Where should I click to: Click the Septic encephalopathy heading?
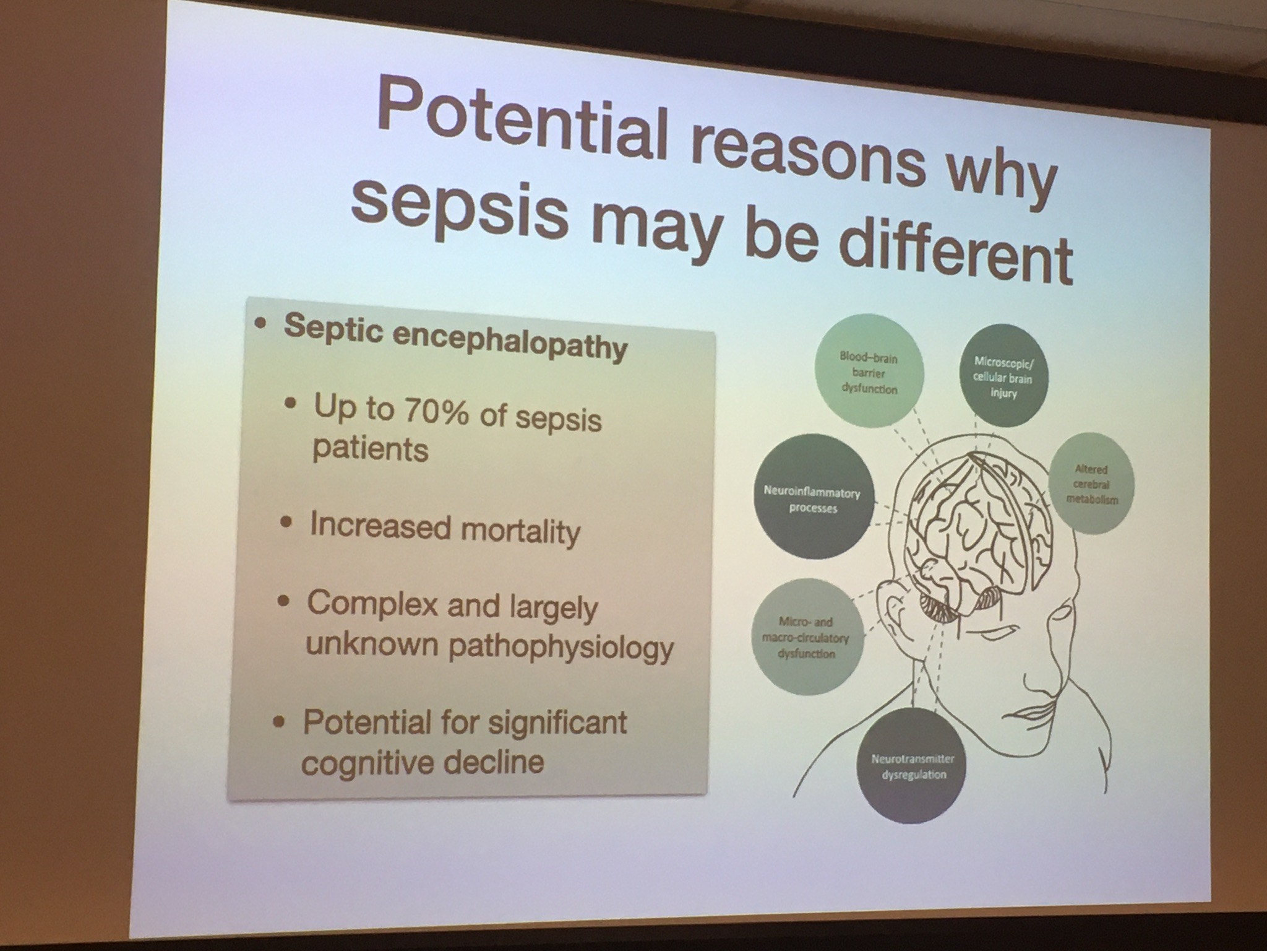[x=455, y=337]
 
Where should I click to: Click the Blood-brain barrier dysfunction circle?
[x=869, y=373]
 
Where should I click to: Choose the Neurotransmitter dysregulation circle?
[x=909, y=766]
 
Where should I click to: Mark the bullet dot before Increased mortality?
[x=285, y=523]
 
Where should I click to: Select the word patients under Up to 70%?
[x=370, y=447]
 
